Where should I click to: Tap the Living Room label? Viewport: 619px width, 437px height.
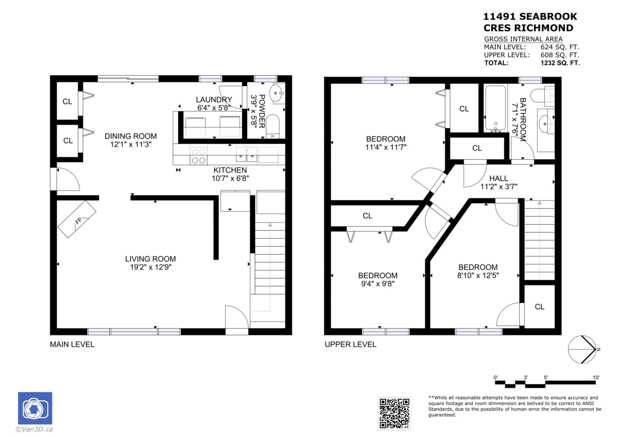pyautogui.click(x=150, y=259)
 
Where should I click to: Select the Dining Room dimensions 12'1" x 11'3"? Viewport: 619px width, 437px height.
pyautogui.click(x=131, y=145)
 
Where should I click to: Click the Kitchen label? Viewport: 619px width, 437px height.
pyautogui.click(x=230, y=170)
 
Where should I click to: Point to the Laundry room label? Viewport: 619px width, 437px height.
pyautogui.click(x=214, y=99)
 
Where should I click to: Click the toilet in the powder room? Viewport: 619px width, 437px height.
pyautogui.click(x=272, y=126)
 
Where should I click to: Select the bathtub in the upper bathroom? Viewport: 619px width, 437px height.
pyautogui.click(x=496, y=109)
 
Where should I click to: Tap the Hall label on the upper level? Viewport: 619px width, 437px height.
pyautogui.click(x=498, y=178)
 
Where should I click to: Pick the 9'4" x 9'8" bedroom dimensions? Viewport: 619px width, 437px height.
pyautogui.click(x=378, y=283)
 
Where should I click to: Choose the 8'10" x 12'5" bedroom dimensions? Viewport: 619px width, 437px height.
pyautogui.click(x=478, y=275)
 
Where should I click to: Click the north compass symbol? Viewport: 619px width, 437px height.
pyautogui.click(x=582, y=349)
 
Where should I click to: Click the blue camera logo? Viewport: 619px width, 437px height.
pyautogui.click(x=35, y=409)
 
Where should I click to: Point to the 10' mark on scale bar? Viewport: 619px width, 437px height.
pyautogui.click(x=596, y=378)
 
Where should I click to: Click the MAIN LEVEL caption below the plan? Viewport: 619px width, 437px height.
pyautogui.click(x=72, y=344)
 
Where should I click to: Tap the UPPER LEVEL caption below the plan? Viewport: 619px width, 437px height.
pyautogui.click(x=350, y=344)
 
